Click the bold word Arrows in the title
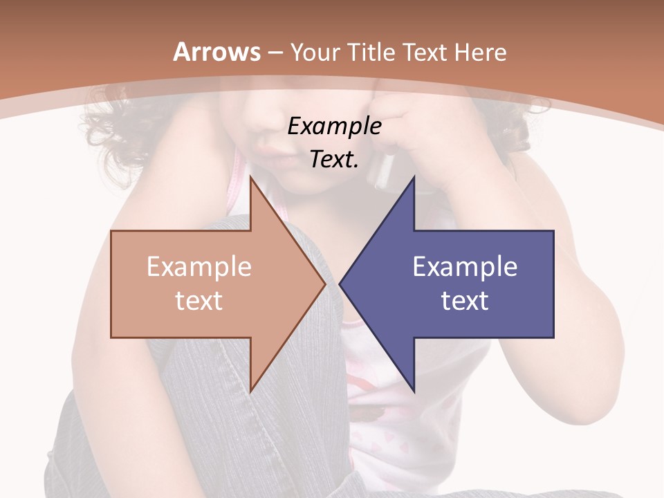tap(216, 52)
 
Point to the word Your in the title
tap(314, 53)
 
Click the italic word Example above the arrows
tap(334, 127)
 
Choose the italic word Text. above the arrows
tap(334, 160)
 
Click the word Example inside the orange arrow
tap(199, 267)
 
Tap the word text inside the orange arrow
tap(199, 301)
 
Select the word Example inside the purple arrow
tap(465, 267)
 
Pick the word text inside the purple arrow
tap(465, 301)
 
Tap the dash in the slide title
tap(275, 53)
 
